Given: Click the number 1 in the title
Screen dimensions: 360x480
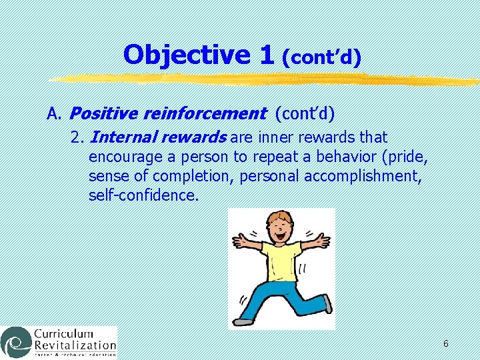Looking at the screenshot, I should pyautogui.click(x=266, y=55).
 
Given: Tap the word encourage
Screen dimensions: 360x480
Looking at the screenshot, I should pyautogui.click(x=122, y=158).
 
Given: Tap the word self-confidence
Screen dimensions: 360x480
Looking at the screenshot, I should pyautogui.click(x=143, y=195).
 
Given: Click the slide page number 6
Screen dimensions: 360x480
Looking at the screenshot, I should pyautogui.click(x=445, y=343).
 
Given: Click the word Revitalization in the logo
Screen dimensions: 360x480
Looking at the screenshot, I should pyautogui.click(x=74, y=346).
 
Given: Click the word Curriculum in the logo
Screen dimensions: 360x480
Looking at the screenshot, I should pyautogui.click(x=64, y=333).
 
